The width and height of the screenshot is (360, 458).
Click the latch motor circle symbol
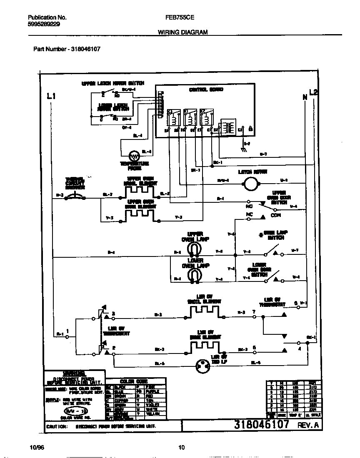coord(251,182)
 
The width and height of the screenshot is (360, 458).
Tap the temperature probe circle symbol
coord(134,156)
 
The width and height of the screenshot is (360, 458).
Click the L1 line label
coord(51,97)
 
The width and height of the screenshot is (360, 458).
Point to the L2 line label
coord(313,92)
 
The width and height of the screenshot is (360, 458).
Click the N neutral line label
coord(304,97)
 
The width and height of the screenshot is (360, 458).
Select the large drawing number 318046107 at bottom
coord(261,425)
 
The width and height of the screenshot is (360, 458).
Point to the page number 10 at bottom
coord(181,448)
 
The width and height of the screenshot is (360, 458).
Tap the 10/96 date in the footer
coord(37,448)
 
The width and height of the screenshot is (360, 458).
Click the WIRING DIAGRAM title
coord(183,32)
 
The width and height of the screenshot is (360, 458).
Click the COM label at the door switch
coord(276,215)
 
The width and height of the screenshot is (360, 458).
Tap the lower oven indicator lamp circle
coord(204,367)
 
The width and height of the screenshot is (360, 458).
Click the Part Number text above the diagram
coord(67,49)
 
